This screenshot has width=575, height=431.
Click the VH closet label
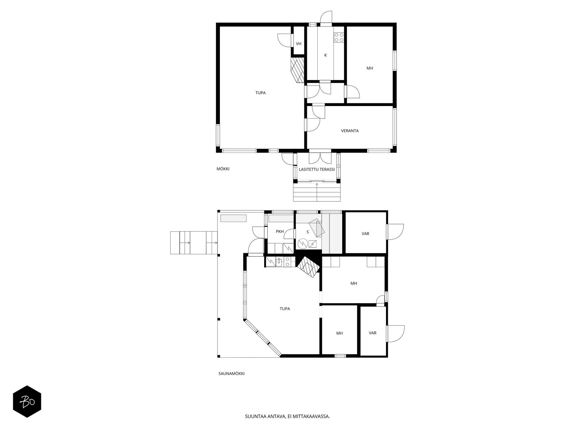[299, 44]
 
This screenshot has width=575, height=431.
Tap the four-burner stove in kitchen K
[339, 37]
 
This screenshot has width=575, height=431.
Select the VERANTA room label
[350, 131]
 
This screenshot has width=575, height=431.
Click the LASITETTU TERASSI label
[317, 169]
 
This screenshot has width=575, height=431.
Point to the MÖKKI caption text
[223, 169]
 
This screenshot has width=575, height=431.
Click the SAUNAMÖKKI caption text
[231, 374]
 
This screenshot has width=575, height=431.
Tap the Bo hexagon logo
[27, 402]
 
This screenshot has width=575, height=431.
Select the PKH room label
[280, 231]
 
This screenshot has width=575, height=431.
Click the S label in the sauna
[308, 232]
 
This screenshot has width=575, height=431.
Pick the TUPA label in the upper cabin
[261, 93]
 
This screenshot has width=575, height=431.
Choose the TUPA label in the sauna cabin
[285, 309]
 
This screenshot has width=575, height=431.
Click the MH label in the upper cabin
[370, 68]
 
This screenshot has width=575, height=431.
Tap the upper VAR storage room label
[365, 234]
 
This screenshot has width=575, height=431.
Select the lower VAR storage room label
[373, 333]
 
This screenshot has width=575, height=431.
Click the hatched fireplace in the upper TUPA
[298, 70]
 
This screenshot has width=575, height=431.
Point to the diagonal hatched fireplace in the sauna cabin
[308, 267]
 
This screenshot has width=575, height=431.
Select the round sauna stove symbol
[303, 244]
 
